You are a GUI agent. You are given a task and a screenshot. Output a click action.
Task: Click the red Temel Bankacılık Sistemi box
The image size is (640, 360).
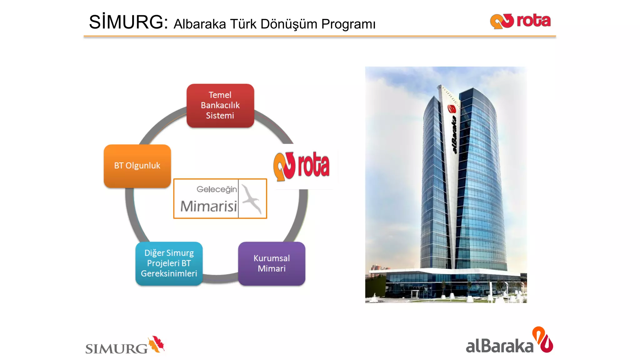[220, 105]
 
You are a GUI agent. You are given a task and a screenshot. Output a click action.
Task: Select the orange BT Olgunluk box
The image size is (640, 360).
[137, 166]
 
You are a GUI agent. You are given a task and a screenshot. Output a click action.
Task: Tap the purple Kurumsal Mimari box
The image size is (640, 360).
[272, 263]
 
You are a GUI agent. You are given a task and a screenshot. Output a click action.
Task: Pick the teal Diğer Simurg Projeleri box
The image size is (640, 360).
[169, 263]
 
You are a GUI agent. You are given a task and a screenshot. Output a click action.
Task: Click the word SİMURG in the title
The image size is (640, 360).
[128, 22]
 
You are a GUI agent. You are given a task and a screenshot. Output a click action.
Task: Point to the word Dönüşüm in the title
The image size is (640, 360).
[289, 24]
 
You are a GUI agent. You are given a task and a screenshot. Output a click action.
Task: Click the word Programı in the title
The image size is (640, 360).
[348, 24]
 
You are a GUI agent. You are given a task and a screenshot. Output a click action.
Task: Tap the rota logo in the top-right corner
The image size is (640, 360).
[520, 21]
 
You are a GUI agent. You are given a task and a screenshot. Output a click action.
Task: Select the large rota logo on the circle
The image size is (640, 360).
[302, 166]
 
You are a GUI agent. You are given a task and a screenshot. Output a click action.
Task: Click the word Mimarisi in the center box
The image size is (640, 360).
[209, 206]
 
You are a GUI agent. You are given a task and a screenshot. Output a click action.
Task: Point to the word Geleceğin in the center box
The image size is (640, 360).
[217, 189]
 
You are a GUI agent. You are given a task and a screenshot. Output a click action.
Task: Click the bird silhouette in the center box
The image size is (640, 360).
[252, 198]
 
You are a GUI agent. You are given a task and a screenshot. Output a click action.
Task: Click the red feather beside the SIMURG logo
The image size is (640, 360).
[157, 344]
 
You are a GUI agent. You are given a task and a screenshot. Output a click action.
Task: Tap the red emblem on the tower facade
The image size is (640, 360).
[452, 109]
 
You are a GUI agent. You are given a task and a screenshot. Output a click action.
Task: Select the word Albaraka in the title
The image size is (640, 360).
[200, 24]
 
